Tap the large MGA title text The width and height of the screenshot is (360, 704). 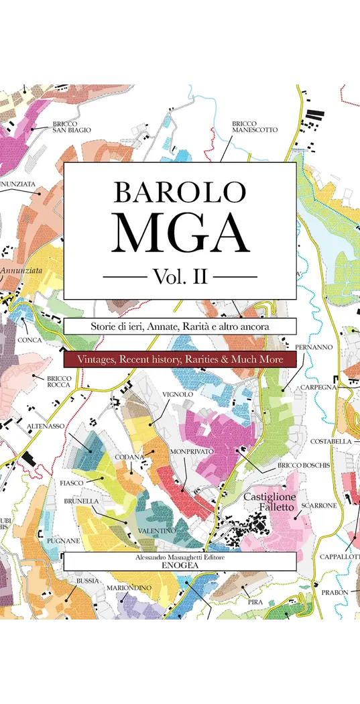pos(180,231)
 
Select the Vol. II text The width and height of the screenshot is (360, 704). pos(180,276)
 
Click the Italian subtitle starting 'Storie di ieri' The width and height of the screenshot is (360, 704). pos(180,327)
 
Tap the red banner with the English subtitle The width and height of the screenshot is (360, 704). pos(180,360)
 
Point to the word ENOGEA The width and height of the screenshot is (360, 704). pos(180,566)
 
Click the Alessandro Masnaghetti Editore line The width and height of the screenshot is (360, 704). pos(180,557)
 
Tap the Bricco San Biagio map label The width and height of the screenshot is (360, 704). pos(72,127)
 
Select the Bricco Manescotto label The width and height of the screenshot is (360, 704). pos(254,127)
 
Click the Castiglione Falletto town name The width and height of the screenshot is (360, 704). pos(268,502)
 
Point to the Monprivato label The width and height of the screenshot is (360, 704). pos(191,452)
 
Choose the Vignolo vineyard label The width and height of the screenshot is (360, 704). pos(178,394)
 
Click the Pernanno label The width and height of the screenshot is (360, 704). pos(314,347)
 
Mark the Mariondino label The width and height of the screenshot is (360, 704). pos(129,588)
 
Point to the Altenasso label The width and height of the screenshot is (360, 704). pos(46,426)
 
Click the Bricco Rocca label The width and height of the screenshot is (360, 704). pos(59,382)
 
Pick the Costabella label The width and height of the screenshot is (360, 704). pos(331,441)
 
